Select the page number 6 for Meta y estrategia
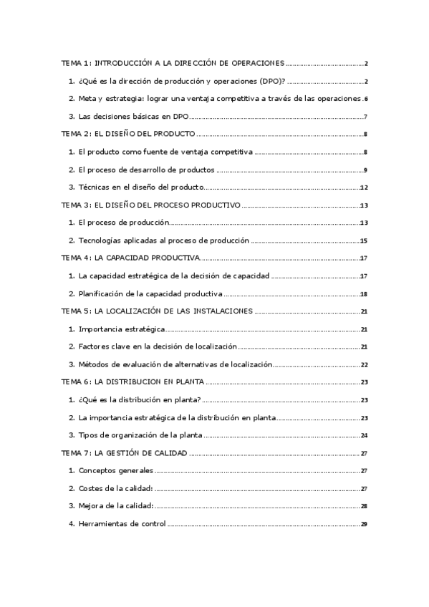click(365, 99)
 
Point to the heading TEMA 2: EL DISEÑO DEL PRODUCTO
click(128, 135)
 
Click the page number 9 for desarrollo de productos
click(365, 170)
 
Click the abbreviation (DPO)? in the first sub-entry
click(265, 81)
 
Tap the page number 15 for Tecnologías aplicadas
click(364, 241)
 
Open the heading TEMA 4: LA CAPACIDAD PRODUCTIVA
click(130, 258)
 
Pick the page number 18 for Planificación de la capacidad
click(364, 294)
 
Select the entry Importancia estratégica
click(122, 329)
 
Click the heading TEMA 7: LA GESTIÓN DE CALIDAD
click(124, 453)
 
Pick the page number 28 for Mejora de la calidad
click(364, 506)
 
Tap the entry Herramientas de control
click(122, 524)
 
